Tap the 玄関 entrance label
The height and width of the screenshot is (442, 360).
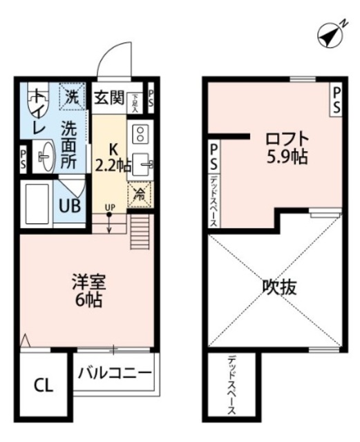(x=108, y=97)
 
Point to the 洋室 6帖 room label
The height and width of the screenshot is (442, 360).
(x=87, y=291)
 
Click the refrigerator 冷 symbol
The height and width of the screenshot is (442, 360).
(x=139, y=195)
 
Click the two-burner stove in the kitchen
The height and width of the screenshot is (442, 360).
(x=139, y=133)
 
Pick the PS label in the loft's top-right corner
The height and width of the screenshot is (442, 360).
(x=336, y=98)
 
